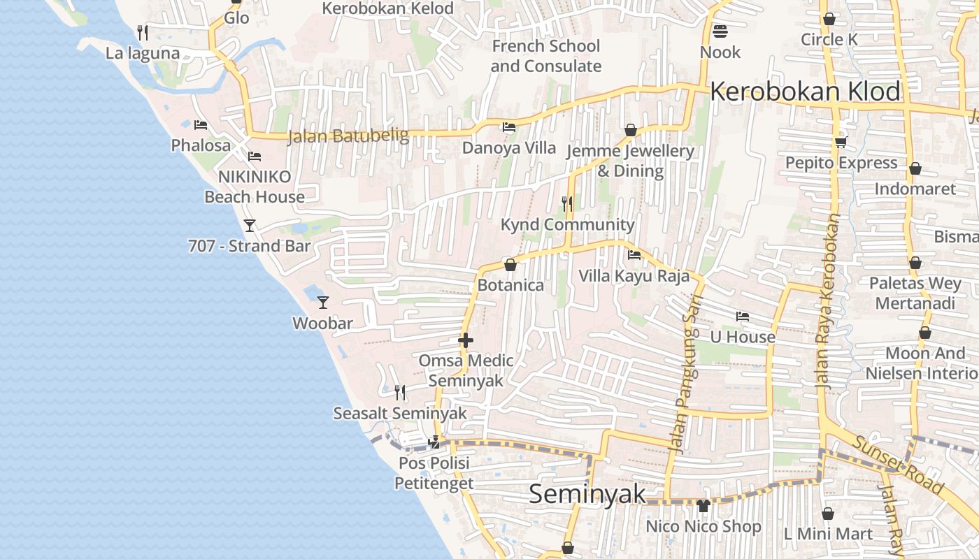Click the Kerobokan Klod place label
coord(805,92)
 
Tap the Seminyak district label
coord(587,494)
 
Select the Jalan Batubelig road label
coord(348,136)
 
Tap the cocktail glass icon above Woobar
coord(322,302)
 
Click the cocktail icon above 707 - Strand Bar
coord(249,225)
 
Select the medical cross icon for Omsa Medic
coord(466,340)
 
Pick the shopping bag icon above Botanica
coord(510,265)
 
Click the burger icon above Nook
coord(720,31)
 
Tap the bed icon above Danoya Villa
coord(509,127)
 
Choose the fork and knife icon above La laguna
coord(143,32)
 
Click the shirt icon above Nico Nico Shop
coord(703,505)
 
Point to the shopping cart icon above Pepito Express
coord(840,143)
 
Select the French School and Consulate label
coord(545,56)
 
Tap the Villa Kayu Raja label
coord(634,276)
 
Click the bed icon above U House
coord(742,317)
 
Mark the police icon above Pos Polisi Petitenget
coord(434,442)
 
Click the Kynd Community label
coord(567,225)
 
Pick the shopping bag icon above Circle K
coord(829,19)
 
